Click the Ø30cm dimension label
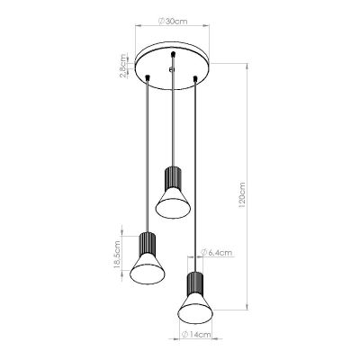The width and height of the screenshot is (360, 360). coord(171,19)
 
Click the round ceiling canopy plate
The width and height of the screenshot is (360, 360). coord(170,66)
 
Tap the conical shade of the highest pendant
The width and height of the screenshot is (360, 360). coord(170,202)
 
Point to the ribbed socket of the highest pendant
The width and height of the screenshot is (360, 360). coord(170,175)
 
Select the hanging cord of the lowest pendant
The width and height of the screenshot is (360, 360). coord(193,180)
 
